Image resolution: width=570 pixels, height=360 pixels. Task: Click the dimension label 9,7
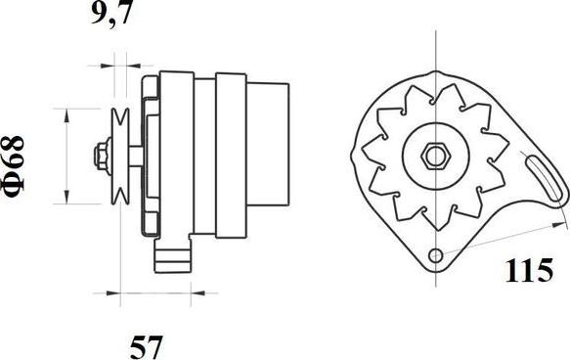click(x=110, y=14)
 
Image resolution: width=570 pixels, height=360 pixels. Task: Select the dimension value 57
click(x=146, y=347)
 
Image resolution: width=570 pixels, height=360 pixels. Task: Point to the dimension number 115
click(x=529, y=270)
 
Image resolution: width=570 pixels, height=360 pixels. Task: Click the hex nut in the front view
click(x=435, y=157)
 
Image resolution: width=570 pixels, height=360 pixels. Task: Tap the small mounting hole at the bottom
click(x=435, y=256)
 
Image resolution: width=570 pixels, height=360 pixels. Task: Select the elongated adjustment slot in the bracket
click(x=546, y=178)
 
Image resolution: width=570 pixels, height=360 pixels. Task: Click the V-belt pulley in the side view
click(x=120, y=157)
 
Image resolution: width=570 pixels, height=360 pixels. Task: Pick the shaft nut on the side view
click(x=102, y=157)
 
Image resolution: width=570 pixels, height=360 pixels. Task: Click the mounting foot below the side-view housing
click(x=172, y=253)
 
